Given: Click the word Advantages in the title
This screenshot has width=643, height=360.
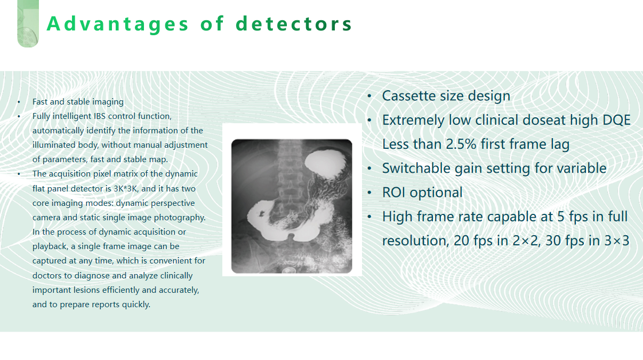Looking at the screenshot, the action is tap(117, 24).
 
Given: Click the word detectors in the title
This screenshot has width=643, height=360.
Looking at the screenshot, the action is tap(293, 23).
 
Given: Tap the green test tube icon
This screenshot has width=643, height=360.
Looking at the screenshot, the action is tap(28, 23).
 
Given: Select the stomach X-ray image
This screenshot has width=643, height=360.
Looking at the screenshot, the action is tap(292, 206).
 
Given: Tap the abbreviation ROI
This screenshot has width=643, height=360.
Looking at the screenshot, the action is tap(393, 193).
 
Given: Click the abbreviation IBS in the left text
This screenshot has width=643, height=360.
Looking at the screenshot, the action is tap(100, 116).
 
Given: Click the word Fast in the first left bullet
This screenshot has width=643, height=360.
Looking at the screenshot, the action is tap(38, 102).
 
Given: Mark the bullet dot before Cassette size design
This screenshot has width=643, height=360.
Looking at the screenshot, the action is tap(369, 96).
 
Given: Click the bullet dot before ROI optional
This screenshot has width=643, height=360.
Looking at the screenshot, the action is tap(369, 193).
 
